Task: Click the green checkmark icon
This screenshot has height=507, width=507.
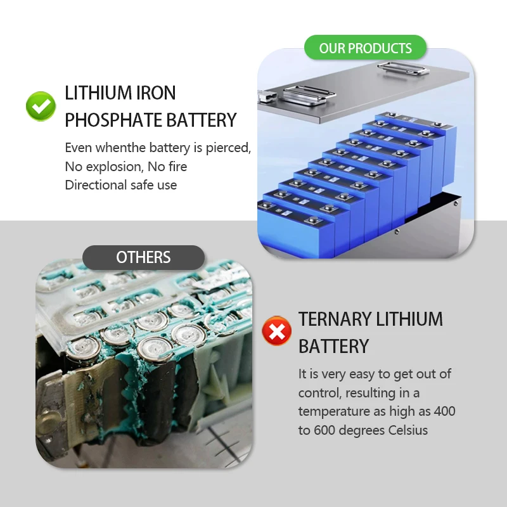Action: pos(41,106)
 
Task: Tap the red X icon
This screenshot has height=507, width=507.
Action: pos(276,331)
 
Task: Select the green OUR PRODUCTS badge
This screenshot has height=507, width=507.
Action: pos(365,48)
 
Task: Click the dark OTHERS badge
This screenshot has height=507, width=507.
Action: pos(143,257)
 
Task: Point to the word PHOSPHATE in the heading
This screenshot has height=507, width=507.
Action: pos(113,120)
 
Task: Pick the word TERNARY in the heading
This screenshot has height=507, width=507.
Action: pos(335,319)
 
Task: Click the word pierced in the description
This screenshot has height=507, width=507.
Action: pos(228,148)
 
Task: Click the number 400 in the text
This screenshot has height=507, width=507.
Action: pos(445,411)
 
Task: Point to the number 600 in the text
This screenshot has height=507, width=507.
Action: pos(324,430)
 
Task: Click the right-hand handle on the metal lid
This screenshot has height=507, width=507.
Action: pos(403,68)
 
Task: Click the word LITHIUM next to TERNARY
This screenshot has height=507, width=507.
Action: pos(409,319)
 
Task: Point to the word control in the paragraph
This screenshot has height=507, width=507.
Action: pos(319,393)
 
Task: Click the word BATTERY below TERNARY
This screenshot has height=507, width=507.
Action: pos(333,346)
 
